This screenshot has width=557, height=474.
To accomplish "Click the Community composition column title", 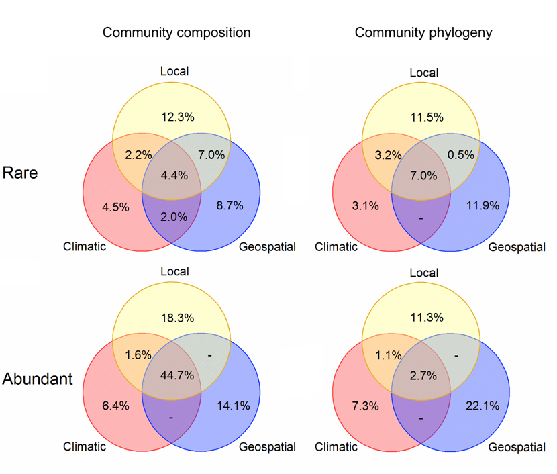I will pyautogui.click(x=176, y=32).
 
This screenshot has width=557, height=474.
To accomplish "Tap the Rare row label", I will pyautogui.click(x=20, y=173).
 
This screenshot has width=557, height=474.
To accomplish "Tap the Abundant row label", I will pyautogui.click(x=38, y=379).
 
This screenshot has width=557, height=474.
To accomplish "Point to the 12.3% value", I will pyautogui.click(x=178, y=117).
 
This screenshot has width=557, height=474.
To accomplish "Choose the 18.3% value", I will pyautogui.click(x=178, y=317).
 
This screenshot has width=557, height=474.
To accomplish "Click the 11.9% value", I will pyautogui.click(x=482, y=205).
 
